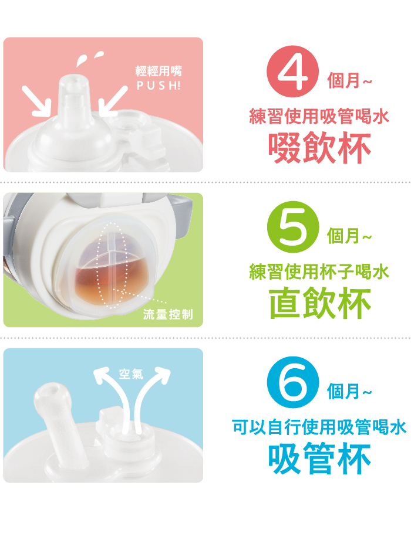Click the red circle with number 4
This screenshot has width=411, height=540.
point(292,72)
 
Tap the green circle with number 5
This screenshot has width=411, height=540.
point(293,227)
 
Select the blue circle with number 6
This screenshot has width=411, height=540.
point(293,382)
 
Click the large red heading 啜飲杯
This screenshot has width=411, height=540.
point(319,148)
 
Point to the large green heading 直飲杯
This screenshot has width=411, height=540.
point(319,304)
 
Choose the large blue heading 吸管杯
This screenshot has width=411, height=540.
point(319,459)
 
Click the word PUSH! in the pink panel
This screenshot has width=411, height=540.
point(159,86)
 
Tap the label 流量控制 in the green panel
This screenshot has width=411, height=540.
point(168,314)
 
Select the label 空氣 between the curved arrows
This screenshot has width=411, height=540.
point(131,373)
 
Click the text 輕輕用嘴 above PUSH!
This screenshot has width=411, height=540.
point(159,72)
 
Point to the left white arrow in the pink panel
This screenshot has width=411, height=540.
point(36,101)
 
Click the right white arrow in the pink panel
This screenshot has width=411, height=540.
point(113,101)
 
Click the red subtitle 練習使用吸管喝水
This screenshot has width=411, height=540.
point(319,116)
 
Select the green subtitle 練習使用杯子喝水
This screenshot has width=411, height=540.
point(319,271)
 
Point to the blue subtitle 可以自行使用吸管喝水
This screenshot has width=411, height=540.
point(319,427)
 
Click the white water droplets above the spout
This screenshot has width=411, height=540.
point(89,58)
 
